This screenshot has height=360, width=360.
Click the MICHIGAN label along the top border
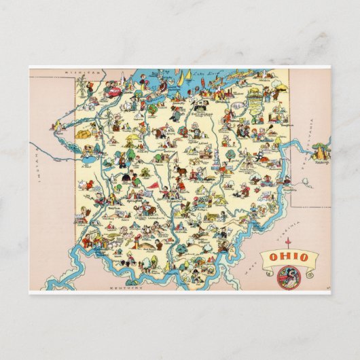[x=77, y=71]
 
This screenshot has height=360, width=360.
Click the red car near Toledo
[x=113, y=88]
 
